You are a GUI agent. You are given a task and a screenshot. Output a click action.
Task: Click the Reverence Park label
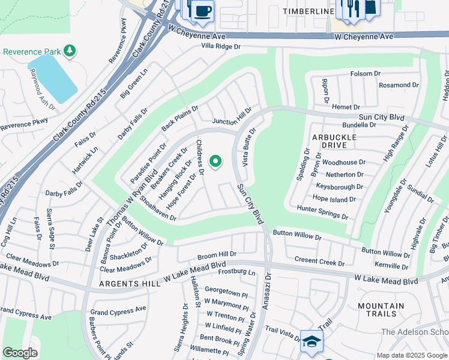tap(29, 51)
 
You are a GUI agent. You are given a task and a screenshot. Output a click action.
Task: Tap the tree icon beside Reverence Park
tap(70, 50)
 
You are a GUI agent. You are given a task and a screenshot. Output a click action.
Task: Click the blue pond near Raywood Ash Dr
tap(53, 77)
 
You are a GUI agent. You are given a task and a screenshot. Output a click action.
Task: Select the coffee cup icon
tap(203, 10)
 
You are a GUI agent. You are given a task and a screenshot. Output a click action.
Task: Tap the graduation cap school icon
tap(311, 341)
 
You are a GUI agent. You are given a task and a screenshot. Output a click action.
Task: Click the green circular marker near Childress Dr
tap(215, 161)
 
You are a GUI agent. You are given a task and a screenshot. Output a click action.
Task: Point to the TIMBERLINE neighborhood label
tap(308, 11)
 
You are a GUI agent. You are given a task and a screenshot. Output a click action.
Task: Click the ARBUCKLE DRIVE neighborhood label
tap(334, 142)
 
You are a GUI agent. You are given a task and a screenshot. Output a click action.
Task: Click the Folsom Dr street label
tap(365, 74)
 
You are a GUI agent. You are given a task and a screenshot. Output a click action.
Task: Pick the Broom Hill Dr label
tap(217, 254)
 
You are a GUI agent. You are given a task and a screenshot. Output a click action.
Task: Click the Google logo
tap(20, 353)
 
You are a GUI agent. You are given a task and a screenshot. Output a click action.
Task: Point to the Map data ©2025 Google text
tap(411, 355)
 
